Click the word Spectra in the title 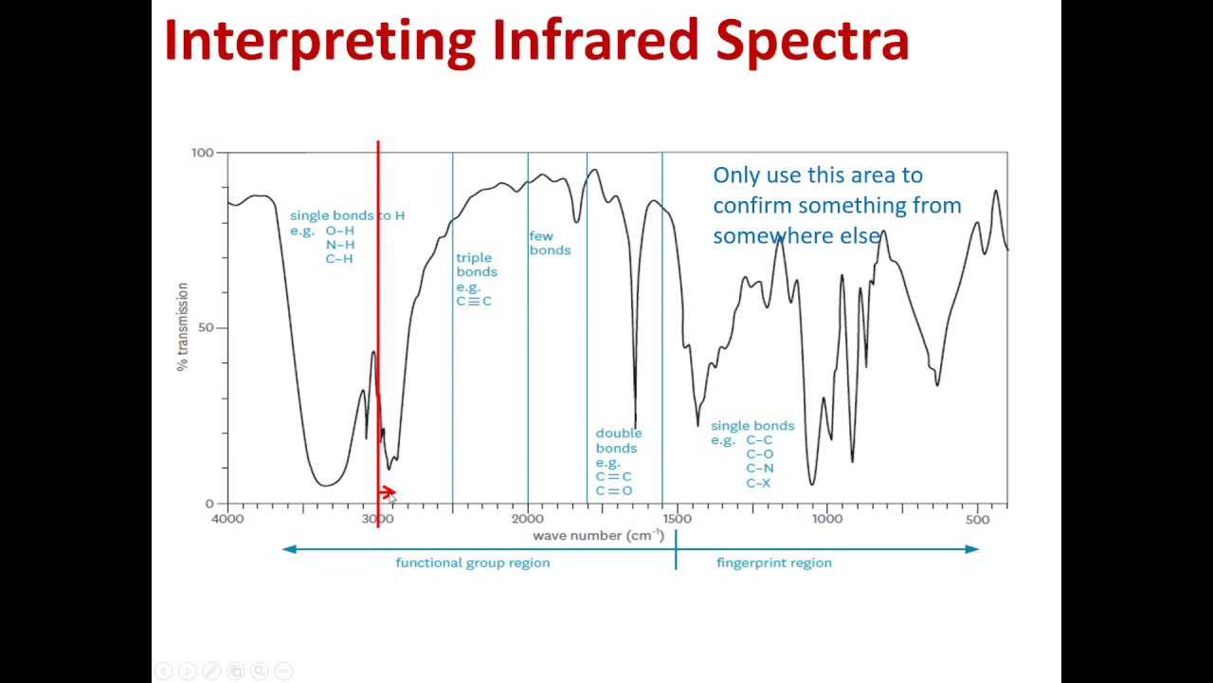tap(812, 41)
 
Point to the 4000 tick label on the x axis tap(227, 519)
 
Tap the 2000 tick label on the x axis tap(528, 519)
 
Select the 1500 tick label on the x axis tap(677, 519)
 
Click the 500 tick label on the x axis tap(977, 519)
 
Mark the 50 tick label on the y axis tap(208, 328)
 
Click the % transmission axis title tap(182, 327)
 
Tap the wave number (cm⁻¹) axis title tap(598, 536)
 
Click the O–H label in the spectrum tap(340, 231)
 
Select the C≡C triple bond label tap(474, 302)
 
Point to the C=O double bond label tap(614, 490)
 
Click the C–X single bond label tap(759, 483)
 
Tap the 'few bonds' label tap(550, 243)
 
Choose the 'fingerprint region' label tap(774, 563)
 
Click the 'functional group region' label tap(472, 563)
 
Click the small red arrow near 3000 tap(388, 492)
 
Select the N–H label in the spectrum tap(340, 245)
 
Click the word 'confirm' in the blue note tap(752, 205)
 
